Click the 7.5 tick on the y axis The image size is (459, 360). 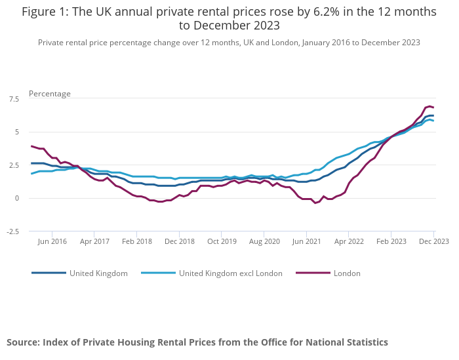14,99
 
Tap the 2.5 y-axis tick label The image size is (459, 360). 14,165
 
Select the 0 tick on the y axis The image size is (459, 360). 17,198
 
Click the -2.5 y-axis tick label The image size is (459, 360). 12,231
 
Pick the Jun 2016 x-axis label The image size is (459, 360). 52,241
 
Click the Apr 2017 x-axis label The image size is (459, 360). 94,241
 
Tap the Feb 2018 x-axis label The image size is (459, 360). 137,241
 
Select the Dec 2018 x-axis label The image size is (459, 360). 180,241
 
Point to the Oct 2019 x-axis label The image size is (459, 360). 222,241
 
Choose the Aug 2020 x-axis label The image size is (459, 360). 264,241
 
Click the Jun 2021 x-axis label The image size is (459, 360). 307,241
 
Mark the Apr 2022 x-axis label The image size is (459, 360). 349,241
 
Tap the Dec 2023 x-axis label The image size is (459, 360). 434,241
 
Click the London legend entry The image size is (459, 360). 346,273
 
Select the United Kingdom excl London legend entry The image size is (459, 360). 230,273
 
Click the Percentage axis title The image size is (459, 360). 50,94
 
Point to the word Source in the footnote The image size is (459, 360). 23,342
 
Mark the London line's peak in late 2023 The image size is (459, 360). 430,106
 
